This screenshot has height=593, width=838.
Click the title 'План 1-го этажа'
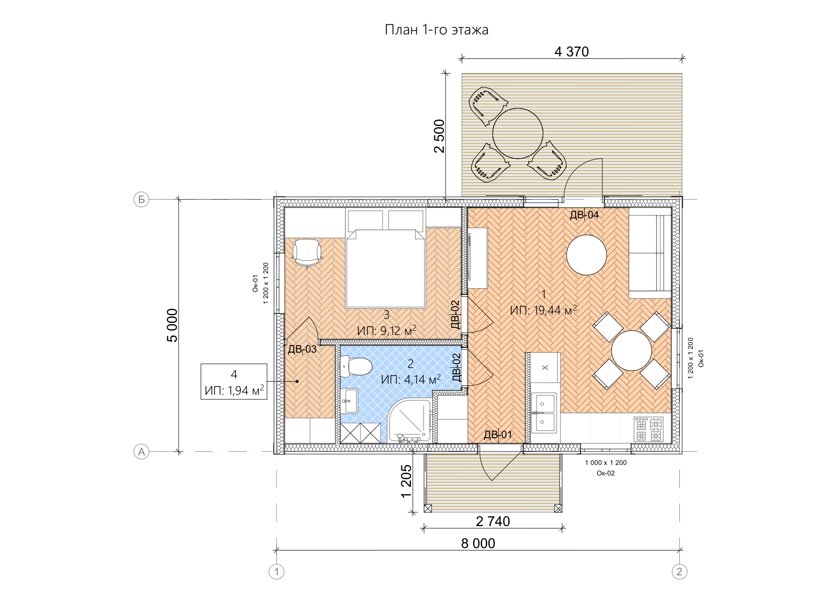click(437, 30)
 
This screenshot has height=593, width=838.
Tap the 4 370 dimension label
click(571, 52)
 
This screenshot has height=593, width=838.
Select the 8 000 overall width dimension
click(478, 543)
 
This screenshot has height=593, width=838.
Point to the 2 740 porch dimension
click(493, 521)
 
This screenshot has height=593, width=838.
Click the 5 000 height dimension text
click(172, 325)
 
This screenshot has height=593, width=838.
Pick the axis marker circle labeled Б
click(141, 200)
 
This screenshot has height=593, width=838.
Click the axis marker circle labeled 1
click(277, 571)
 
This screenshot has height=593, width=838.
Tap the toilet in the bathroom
click(356, 367)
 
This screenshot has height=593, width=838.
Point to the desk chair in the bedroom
click(307, 253)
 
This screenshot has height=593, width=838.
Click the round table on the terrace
click(517, 133)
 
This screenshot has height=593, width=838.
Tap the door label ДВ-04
click(584, 215)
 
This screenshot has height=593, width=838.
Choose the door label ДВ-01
click(498, 435)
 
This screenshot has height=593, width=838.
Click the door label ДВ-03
click(302, 349)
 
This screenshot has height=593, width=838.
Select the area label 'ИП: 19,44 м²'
click(543, 311)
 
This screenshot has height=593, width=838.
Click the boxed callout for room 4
click(234, 381)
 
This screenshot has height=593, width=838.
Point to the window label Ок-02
click(606, 474)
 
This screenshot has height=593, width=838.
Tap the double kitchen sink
click(544, 410)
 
